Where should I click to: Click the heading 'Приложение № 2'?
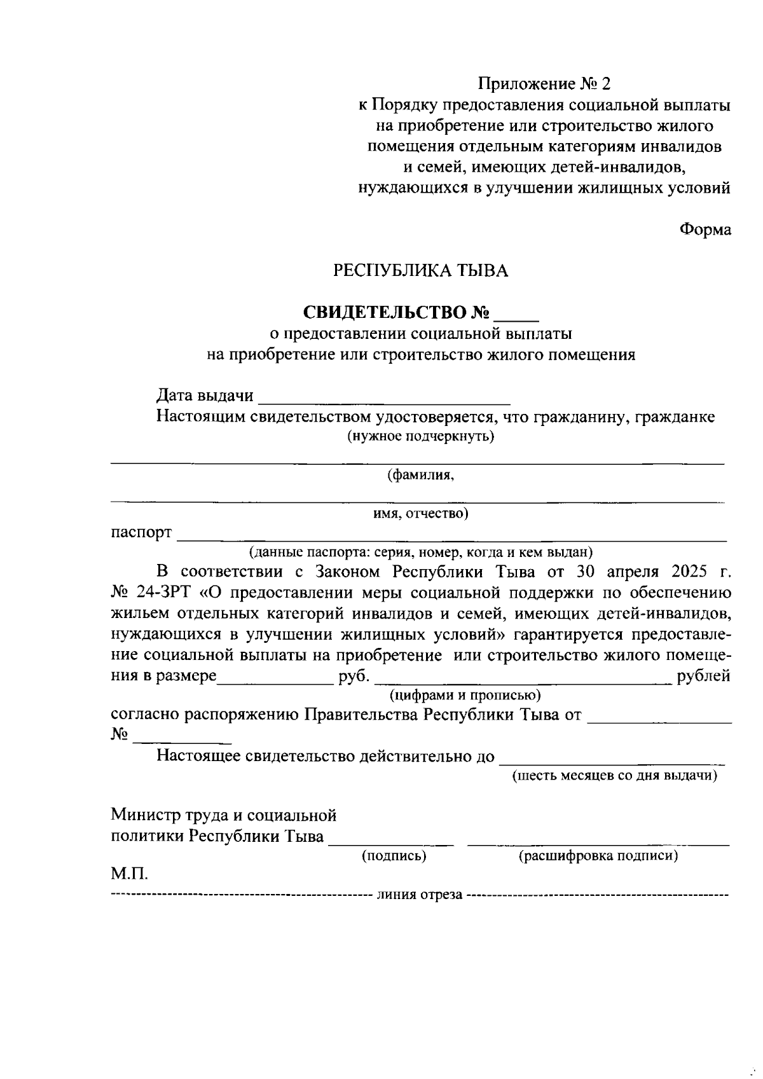[x=544, y=84]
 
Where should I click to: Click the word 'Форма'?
[x=705, y=230]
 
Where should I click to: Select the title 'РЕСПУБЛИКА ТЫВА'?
[x=421, y=271]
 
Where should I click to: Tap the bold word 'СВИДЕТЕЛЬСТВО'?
[x=384, y=313]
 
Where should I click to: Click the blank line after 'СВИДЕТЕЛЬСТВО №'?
[x=516, y=314]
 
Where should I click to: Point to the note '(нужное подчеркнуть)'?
[x=420, y=437]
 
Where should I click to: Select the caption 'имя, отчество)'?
[x=420, y=513]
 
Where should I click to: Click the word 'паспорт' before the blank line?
[x=141, y=532]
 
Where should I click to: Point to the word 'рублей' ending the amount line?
[x=704, y=676]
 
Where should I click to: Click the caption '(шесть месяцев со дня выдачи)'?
[x=615, y=776]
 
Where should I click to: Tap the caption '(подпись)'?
[x=394, y=856]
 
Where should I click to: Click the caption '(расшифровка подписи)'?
[x=598, y=856]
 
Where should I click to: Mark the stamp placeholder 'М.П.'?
[x=130, y=874]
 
